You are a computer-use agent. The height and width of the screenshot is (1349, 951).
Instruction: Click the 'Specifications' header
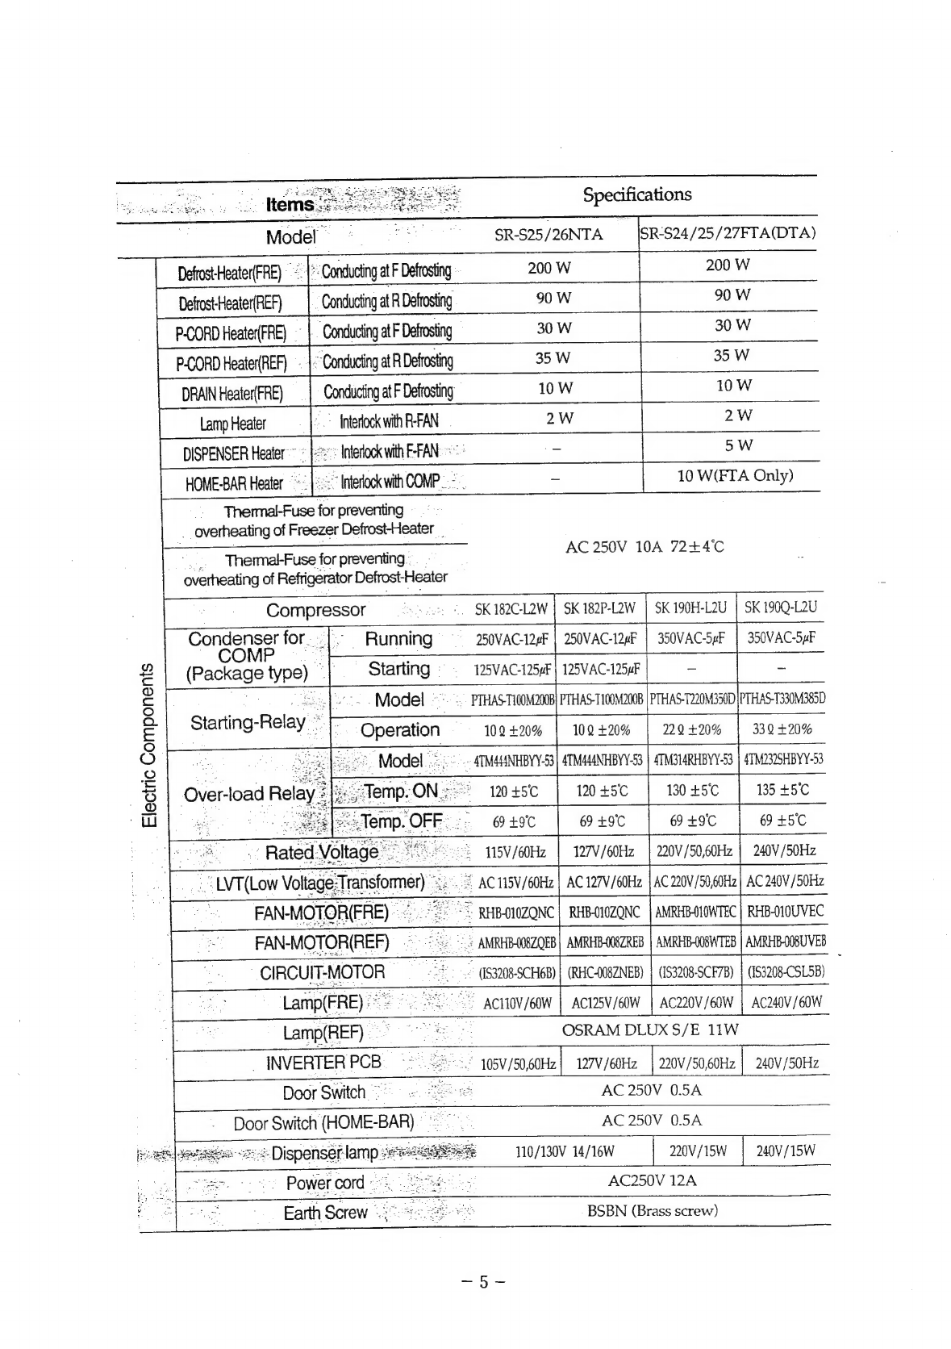(x=636, y=194)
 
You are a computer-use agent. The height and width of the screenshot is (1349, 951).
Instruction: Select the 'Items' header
(x=290, y=205)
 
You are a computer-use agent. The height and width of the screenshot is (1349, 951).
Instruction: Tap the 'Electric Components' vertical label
(x=148, y=745)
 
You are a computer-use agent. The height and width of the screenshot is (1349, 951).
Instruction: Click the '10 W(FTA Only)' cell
(x=735, y=475)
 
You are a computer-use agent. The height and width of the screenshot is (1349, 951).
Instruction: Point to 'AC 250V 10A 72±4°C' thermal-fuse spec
(x=644, y=546)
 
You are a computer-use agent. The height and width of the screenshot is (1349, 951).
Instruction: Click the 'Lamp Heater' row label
(x=233, y=424)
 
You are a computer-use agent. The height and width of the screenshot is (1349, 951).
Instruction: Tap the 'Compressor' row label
(x=315, y=610)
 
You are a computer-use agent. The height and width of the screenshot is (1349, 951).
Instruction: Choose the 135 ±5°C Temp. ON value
(x=782, y=790)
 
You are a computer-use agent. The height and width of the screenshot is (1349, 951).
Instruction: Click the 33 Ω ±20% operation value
(x=782, y=729)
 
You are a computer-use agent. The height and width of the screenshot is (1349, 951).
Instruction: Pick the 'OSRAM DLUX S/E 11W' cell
(x=649, y=1030)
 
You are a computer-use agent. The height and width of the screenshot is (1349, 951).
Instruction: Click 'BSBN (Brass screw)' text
(x=652, y=1210)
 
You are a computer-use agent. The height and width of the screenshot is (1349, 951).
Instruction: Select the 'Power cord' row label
(x=325, y=1183)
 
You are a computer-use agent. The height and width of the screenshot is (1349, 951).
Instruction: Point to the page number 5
(x=483, y=1282)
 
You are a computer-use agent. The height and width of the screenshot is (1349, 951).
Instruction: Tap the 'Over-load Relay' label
(x=248, y=794)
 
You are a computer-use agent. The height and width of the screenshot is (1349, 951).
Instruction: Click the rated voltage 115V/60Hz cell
(x=515, y=851)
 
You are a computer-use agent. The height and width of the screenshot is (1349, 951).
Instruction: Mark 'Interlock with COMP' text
(x=390, y=482)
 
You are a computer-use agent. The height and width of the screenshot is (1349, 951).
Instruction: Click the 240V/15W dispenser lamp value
(x=785, y=1151)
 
